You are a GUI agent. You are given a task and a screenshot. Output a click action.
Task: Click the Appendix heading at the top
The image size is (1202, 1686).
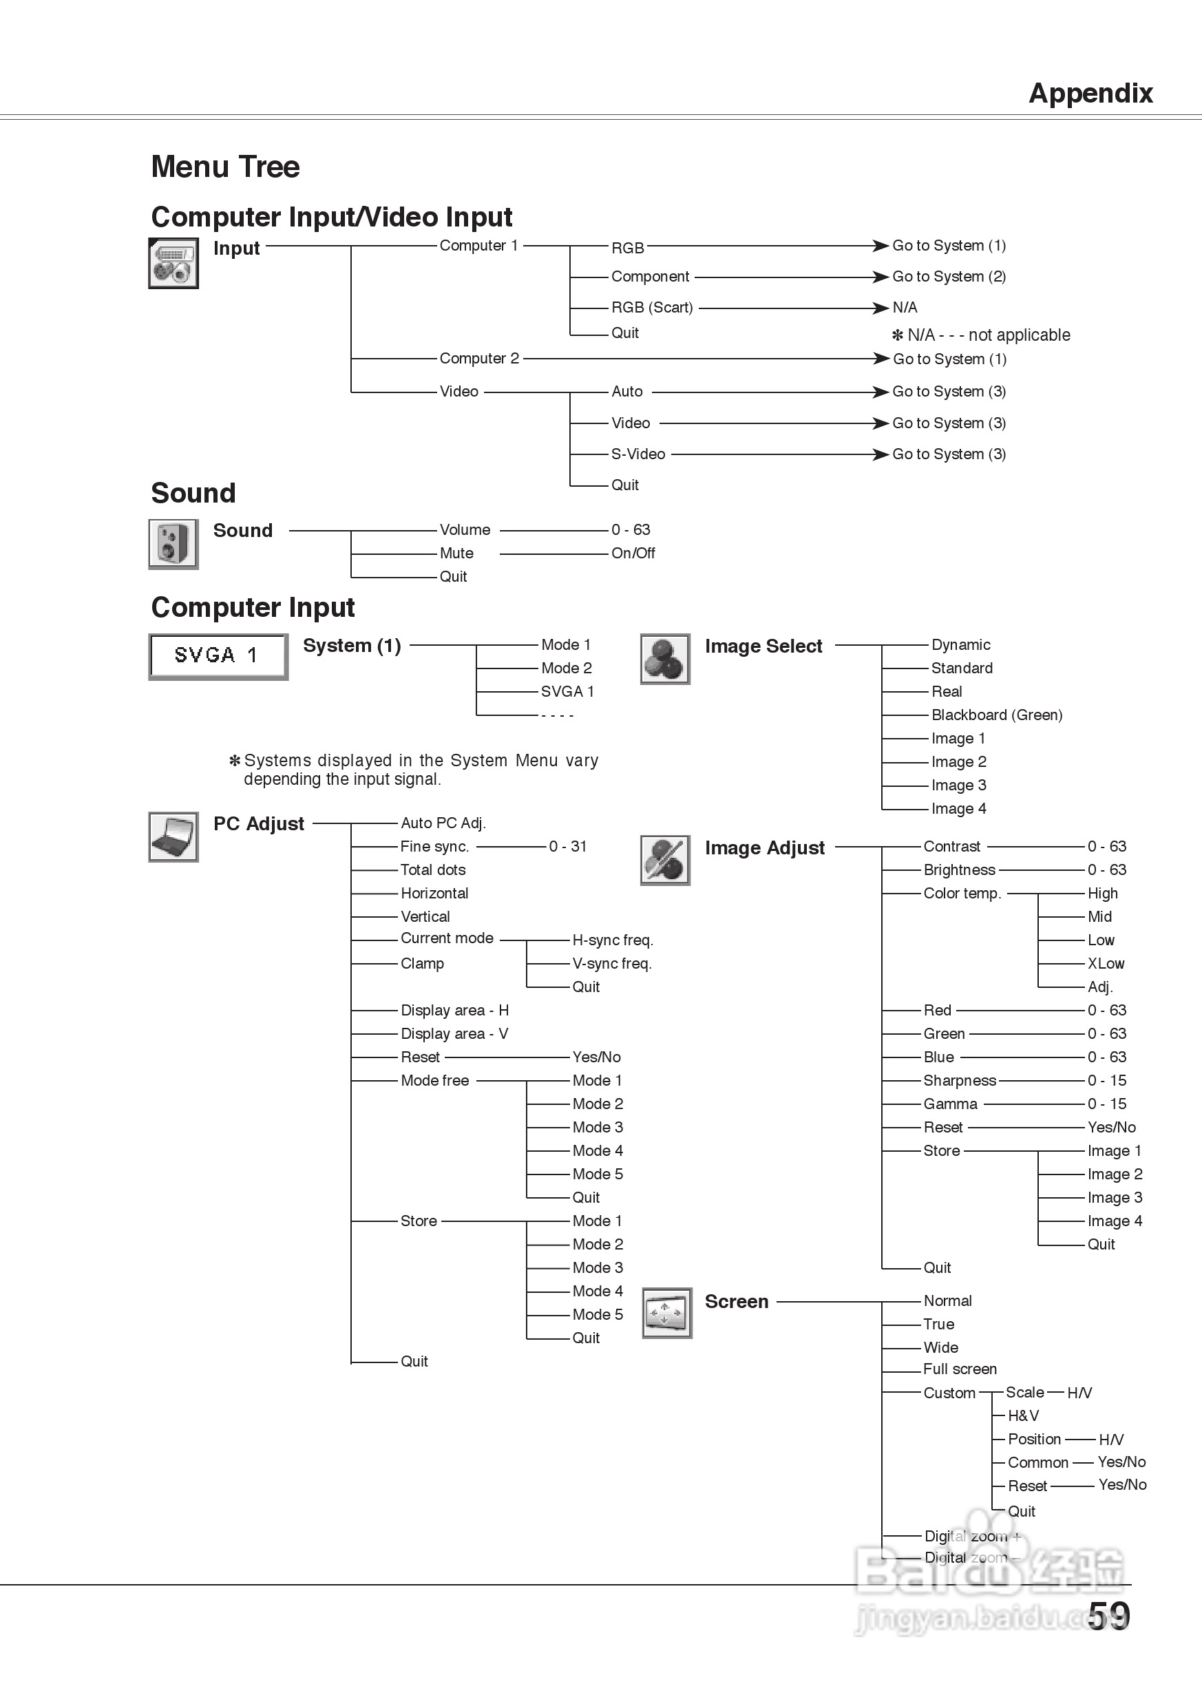pyautogui.click(x=1090, y=93)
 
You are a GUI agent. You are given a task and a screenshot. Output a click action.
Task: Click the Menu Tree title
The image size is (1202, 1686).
pyautogui.click(x=225, y=167)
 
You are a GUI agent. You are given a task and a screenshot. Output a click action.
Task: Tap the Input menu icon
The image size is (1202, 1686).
pyautogui.click(x=173, y=263)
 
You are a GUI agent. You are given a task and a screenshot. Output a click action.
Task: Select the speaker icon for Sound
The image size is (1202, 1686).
pyautogui.click(x=173, y=544)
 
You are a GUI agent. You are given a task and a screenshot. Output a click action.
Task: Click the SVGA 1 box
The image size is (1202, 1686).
pyautogui.click(x=218, y=656)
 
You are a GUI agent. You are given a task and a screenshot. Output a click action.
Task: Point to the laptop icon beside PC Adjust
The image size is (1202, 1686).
pyautogui.click(x=173, y=836)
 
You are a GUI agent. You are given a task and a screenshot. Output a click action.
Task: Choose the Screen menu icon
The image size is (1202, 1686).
pyautogui.click(x=666, y=1312)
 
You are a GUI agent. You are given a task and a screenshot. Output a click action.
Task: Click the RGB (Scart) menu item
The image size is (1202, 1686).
pyautogui.click(x=651, y=307)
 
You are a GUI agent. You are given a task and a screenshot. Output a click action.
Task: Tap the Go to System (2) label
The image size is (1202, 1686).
pyautogui.click(x=948, y=276)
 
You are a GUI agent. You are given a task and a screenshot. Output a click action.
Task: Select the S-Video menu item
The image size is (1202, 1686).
pyautogui.click(x=637, y=454)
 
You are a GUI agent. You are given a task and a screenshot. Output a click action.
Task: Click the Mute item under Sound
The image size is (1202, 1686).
pyautogui.click(x=456, y=553)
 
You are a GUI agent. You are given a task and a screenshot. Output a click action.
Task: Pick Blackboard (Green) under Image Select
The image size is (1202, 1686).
pyautogui.click(x=996, y=715)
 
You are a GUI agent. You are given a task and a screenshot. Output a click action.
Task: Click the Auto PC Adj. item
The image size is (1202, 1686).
pyautogui.click(x=443, y=823)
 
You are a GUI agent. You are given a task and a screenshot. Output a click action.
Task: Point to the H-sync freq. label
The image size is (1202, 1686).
pyautogui.click(x=612, y=940)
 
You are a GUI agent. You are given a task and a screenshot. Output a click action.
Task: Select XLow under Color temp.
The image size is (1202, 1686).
pyautogui.click(x=1105, y=964)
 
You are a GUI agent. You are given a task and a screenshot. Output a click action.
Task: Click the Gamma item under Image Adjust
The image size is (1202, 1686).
pyautogui.click(x=949, y=1104)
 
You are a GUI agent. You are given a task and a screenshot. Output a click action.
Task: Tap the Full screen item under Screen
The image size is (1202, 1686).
pyautogui.click(x=959, y=1369)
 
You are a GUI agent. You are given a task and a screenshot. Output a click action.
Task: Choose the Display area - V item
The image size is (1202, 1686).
pyautogui.click(x=454, y=1034)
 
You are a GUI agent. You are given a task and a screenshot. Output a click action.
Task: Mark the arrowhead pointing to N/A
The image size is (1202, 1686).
pyautogui.click(x=880, y=307)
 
